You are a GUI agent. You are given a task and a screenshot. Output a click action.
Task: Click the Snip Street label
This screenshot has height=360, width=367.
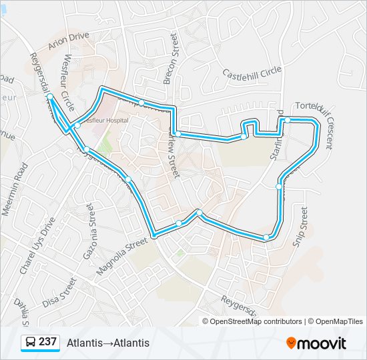[x=302, y=227]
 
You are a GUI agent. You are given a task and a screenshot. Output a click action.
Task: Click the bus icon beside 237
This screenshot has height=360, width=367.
[x=30, y=343]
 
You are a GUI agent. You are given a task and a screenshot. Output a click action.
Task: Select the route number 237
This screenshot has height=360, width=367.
[x=47, y=342]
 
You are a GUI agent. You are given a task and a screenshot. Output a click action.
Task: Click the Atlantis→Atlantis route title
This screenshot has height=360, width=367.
[x=108, y=343]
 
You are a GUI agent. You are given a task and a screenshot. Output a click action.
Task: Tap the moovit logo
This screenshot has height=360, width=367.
[x=316, y=343]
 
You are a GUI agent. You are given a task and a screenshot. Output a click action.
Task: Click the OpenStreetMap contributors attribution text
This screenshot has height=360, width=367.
[x=256, y=321]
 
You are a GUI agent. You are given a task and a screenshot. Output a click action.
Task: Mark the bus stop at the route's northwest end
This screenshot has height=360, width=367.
[x=50, y=97]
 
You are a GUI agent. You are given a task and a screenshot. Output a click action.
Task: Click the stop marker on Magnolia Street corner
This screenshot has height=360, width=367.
[x=154, y=235]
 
